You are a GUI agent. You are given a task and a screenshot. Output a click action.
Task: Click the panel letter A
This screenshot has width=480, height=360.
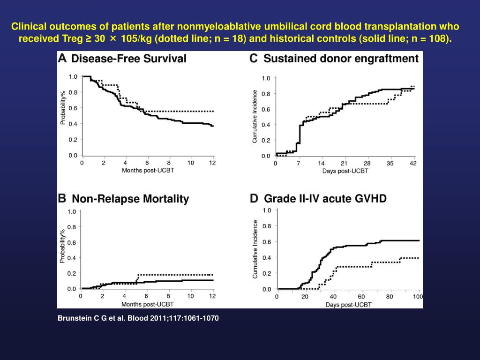pos(62,59)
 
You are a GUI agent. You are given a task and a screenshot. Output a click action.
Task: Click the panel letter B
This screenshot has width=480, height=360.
pos(62,198)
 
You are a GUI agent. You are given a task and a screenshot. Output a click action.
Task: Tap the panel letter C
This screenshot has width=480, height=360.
pos(254,58)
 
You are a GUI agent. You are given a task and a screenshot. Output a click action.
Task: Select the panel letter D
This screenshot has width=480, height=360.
pos(254,198)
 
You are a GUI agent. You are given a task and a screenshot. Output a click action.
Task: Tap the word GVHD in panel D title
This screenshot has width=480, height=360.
pos(371,199)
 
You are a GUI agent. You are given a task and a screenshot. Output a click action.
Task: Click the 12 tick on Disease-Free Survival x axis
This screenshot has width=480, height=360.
pos(212,163)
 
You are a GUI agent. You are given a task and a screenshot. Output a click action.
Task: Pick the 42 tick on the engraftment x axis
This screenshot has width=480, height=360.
pos(412,163)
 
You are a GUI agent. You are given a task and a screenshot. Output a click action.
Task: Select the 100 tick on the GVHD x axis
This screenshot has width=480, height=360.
pos(417,297)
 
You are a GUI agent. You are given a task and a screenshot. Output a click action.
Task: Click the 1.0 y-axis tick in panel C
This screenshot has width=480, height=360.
pos(266,78)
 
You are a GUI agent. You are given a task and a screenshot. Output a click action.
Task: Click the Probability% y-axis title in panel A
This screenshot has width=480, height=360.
pos(63,107)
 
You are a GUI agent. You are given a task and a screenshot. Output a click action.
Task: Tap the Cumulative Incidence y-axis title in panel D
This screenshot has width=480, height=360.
pos(255,249)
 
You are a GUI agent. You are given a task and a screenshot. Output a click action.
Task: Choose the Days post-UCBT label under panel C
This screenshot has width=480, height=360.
pos(345,171)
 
